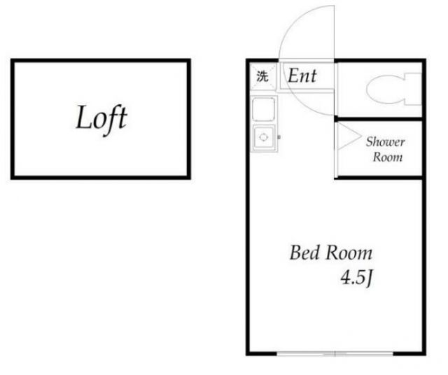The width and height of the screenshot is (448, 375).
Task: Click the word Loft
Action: tap(101, 118)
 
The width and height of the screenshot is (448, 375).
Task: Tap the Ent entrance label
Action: tap(302, 76)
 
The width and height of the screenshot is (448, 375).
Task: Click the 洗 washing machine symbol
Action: tap(262, 76)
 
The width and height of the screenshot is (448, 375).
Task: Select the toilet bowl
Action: tap(386, 88)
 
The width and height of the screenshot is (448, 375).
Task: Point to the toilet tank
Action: tap(413, 89)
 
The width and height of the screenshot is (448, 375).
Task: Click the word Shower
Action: tap(386, 141)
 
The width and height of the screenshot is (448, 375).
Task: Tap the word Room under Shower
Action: tap(388, 157)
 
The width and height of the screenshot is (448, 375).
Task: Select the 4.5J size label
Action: tap(357, 278)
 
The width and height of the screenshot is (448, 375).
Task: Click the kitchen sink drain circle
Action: tap(263, 137)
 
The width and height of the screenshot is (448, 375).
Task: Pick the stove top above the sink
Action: tap(263, 109)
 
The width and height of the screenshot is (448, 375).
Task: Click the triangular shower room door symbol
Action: tap(349, 136)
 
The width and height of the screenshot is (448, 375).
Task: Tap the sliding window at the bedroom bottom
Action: tap(335, 354)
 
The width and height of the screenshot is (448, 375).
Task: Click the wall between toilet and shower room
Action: tap(379, 118)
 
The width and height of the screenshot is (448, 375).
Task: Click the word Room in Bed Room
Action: tap(349, 253)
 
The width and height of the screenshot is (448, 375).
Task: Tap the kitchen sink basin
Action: tap(263, 138)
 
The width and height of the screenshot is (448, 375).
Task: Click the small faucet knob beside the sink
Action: tap(279, 137)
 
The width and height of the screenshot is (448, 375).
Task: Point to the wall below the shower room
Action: tap(379, 178)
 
